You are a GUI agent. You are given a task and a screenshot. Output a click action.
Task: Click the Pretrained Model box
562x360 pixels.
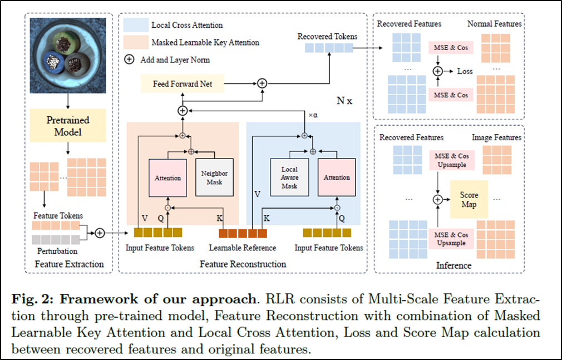pos(68,126)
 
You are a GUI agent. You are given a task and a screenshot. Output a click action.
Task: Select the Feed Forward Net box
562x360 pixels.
pos(183,83)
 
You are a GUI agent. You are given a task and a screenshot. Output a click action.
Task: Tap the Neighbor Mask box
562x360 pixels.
pos(214,177)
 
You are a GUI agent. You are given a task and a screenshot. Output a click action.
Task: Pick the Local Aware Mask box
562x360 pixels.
pos(289,177)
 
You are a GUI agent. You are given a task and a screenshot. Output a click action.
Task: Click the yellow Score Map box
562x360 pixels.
pos(469,199)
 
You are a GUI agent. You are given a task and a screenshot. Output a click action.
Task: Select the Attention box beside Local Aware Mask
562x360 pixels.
pos(337,177)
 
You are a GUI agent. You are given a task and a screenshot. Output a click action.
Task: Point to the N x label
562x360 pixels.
pos(344,101)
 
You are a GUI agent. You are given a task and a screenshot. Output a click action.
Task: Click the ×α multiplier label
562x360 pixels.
pos(313,115)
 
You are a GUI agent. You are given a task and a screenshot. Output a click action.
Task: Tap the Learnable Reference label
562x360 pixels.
pos(243,248)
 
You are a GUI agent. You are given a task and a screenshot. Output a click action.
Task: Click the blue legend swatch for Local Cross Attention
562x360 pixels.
pos(136,25)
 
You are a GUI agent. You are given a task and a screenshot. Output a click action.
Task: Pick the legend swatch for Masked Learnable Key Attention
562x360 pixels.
pos(136,42)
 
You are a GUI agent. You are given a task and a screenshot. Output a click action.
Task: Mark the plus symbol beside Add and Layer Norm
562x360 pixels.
pos(129,60)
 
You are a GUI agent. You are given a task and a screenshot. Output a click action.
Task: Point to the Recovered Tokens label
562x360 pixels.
pos(327,37)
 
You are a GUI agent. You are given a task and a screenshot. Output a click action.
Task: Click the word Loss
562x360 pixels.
pos(465,71)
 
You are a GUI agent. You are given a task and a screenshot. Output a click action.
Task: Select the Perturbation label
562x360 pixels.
pos(57,251)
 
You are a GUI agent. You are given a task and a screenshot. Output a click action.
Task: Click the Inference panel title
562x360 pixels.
pos(453,265)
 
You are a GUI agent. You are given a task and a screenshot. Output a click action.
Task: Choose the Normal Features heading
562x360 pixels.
pos(495,24)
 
